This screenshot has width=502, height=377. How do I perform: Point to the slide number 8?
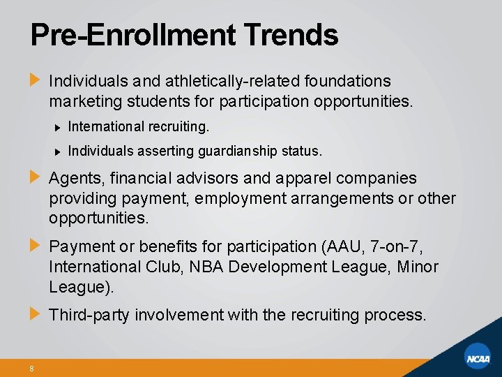32,369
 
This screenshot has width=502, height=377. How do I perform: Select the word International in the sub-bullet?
105,128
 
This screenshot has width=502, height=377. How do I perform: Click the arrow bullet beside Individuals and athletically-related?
35,81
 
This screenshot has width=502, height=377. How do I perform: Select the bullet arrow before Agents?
35,178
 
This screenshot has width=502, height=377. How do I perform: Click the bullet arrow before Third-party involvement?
35,314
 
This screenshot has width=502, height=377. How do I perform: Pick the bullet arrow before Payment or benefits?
35,246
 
